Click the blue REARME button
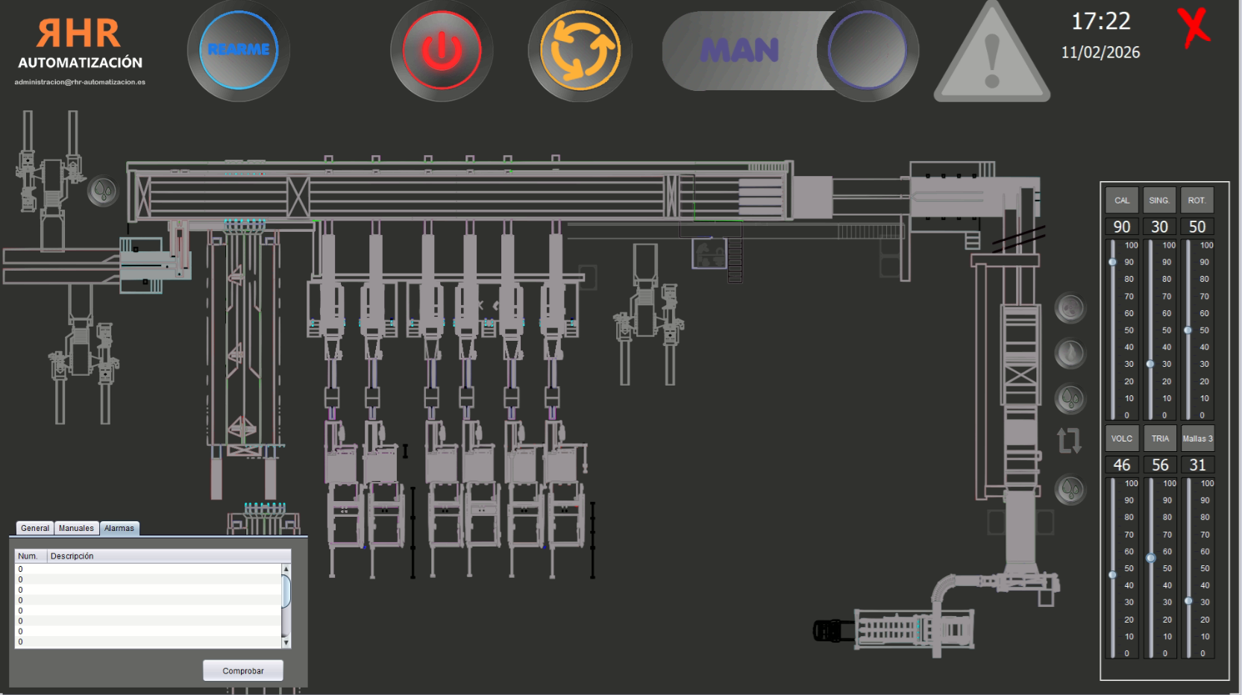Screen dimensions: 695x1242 (239, 50)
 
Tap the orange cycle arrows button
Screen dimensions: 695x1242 (580, 51)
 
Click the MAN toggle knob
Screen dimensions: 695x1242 (867, 51)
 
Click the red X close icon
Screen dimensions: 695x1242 (1194, 28)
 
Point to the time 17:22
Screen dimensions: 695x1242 (1100, 22)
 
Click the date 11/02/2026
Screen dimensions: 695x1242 (1100, 52)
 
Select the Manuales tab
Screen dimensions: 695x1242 (76, 528)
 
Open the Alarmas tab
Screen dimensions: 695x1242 (119, 528)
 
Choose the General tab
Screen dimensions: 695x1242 (35, 528)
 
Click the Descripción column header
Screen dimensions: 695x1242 (72, 556)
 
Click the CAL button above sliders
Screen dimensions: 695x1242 (1122, 201)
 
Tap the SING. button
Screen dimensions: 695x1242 (1159, 201)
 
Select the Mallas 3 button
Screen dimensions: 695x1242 (1197, 438)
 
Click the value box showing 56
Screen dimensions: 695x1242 (1160, 465)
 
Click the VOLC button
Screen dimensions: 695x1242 (1122, 438)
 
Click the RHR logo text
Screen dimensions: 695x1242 (79, 34)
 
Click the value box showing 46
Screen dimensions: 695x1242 (1122, 465)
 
